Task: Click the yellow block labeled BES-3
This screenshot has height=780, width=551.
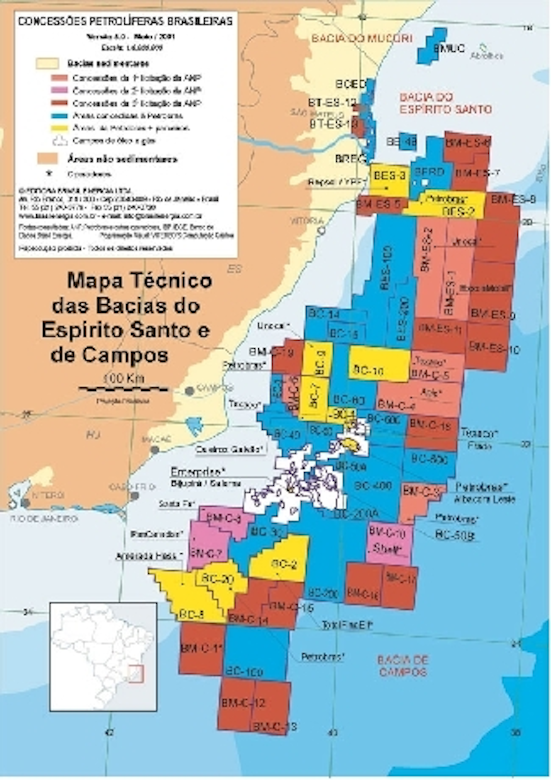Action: coord(389,180)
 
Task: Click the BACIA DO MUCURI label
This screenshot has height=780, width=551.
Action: coord(362,38)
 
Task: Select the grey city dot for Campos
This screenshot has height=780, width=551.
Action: coord(189,391)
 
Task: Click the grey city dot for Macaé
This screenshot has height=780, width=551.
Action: coord(155,450)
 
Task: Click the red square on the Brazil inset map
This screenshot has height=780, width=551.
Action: coord(136,674)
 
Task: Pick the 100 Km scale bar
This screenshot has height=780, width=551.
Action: coord(123,389)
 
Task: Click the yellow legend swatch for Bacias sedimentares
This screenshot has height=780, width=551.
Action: coord(47,63)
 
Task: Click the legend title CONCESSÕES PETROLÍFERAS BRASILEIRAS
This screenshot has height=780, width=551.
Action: coord(126,21)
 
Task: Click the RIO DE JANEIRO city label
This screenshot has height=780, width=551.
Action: coord(44,519)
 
